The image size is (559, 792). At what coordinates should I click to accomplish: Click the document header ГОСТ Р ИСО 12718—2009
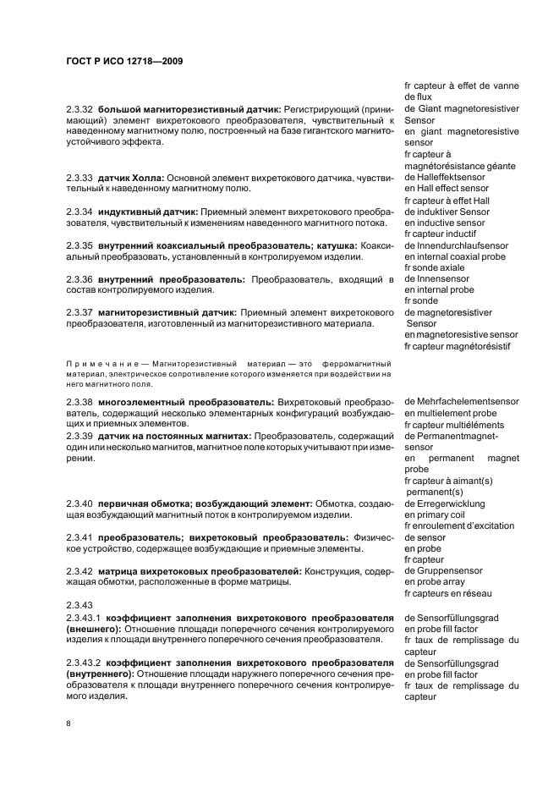coord(124,61)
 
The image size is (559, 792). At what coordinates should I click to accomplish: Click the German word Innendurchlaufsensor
coord(461,245)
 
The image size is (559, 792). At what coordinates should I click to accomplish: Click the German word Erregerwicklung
coord(449,503)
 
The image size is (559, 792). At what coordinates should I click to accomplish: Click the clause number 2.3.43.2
coord(85,663)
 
